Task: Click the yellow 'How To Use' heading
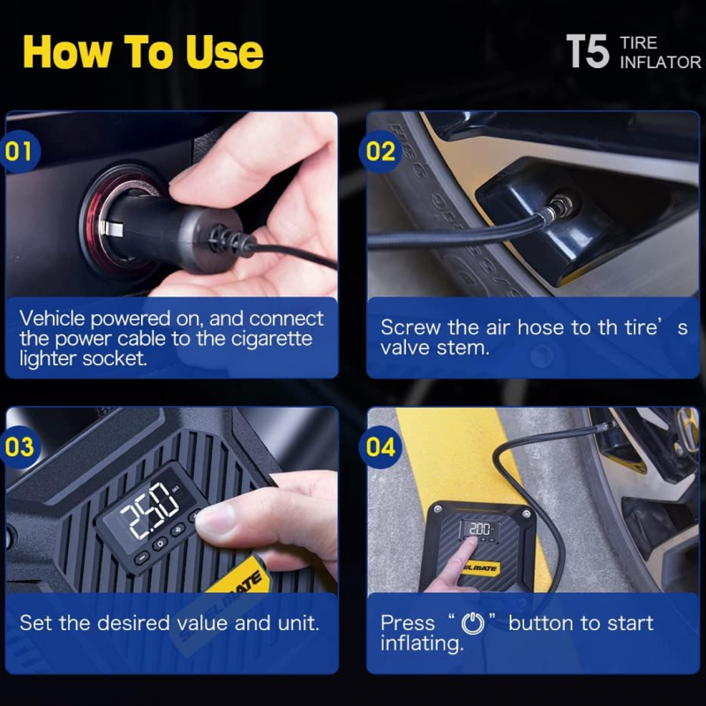(x=143, y=52)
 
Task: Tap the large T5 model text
(x=588, y=52)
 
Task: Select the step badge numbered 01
(x=19, y=151)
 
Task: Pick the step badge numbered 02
(x=380, y=151)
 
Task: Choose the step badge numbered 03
(x=19, y=447)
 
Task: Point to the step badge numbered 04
(x=380, y=447)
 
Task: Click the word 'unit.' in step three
(x=298, y=623)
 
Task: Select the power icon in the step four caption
(x=473, y=624)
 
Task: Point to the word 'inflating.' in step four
(x=422, y=643)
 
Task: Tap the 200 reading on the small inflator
(x=479, y=529)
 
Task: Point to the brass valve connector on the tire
(x=558, y=206)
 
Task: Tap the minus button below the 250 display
(x=141, y=559)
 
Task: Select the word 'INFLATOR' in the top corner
(x=660, y=62)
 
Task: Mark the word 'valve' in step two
(x=405, y=348)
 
